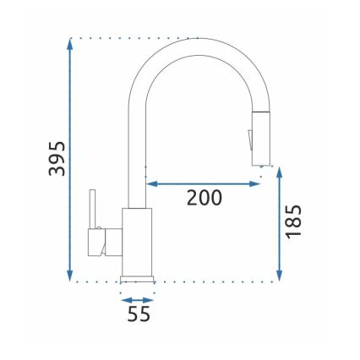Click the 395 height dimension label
[x=53, y=157]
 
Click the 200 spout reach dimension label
[x=205, y=199]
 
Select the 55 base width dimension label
[x=138, y=315]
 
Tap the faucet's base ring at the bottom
[x=138, y=277]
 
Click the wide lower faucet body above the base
[x=138, y=240]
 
